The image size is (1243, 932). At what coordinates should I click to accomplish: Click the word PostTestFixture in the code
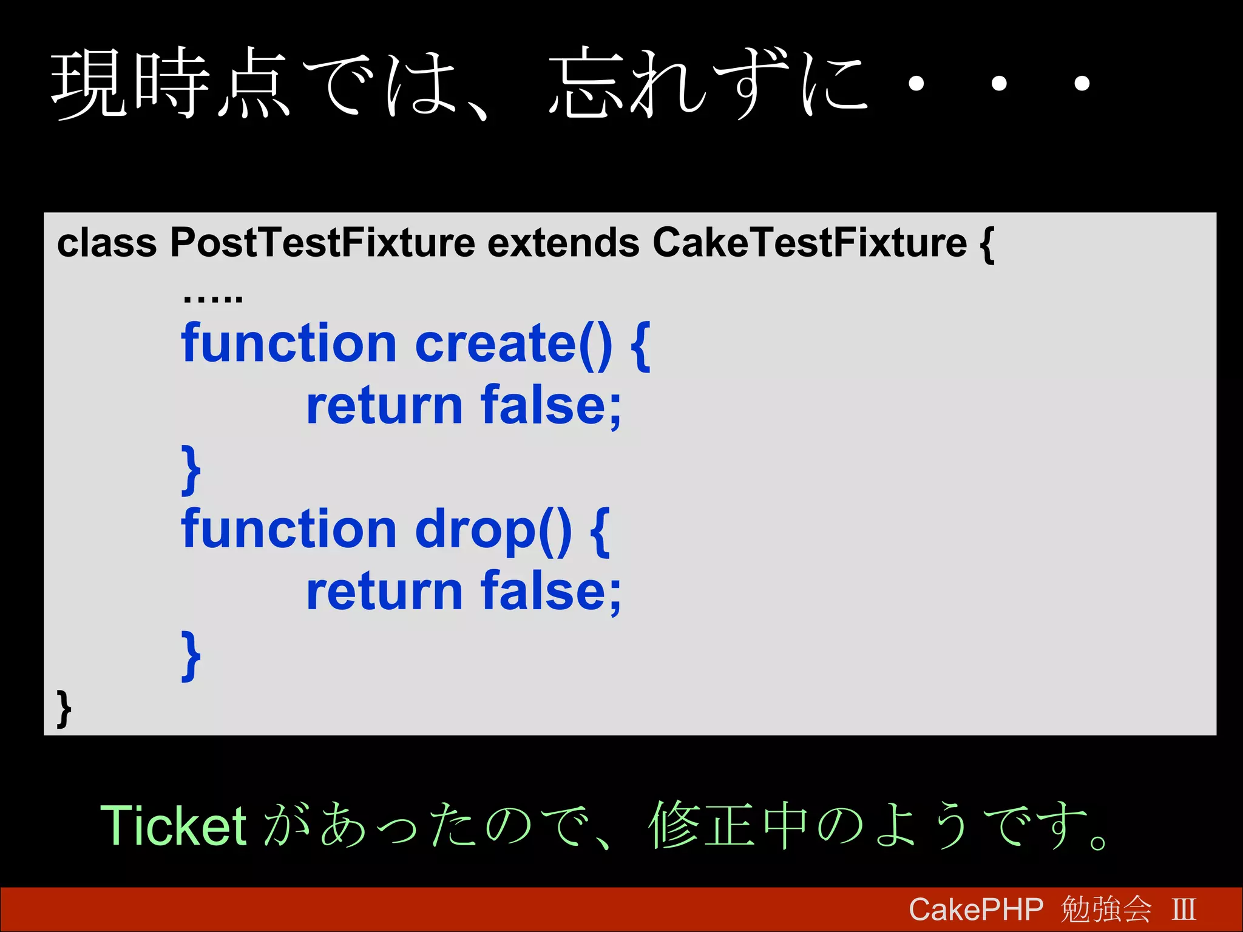click(322, 243)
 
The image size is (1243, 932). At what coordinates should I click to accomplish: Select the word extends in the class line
click(563, 243)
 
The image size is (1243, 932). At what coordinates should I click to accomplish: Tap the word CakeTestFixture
click(809, 243)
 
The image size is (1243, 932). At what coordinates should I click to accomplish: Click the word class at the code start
click(107, 243)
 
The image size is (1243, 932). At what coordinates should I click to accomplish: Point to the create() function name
click(513, 344)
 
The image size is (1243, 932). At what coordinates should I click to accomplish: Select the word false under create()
click(551, 406)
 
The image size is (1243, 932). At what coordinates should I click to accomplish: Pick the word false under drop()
click(551, 592)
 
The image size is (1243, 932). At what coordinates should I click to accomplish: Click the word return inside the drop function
click(385, 592)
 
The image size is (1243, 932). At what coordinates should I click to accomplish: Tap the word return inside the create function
click(385, 406)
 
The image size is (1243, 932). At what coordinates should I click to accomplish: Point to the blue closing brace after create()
click(191, 469)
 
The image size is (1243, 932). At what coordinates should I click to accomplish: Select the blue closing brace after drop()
click(191, 655)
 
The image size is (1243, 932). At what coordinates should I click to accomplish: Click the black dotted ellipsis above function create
click(212, 297)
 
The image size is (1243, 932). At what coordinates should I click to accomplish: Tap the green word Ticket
click(173, 826)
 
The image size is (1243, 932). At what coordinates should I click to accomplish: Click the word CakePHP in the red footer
click(976, 910)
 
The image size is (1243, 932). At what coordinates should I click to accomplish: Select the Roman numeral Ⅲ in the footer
click(1184, 910)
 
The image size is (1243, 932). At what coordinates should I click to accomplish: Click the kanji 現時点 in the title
click(170, 83)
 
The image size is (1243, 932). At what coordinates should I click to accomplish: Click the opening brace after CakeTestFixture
click(986, 245)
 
